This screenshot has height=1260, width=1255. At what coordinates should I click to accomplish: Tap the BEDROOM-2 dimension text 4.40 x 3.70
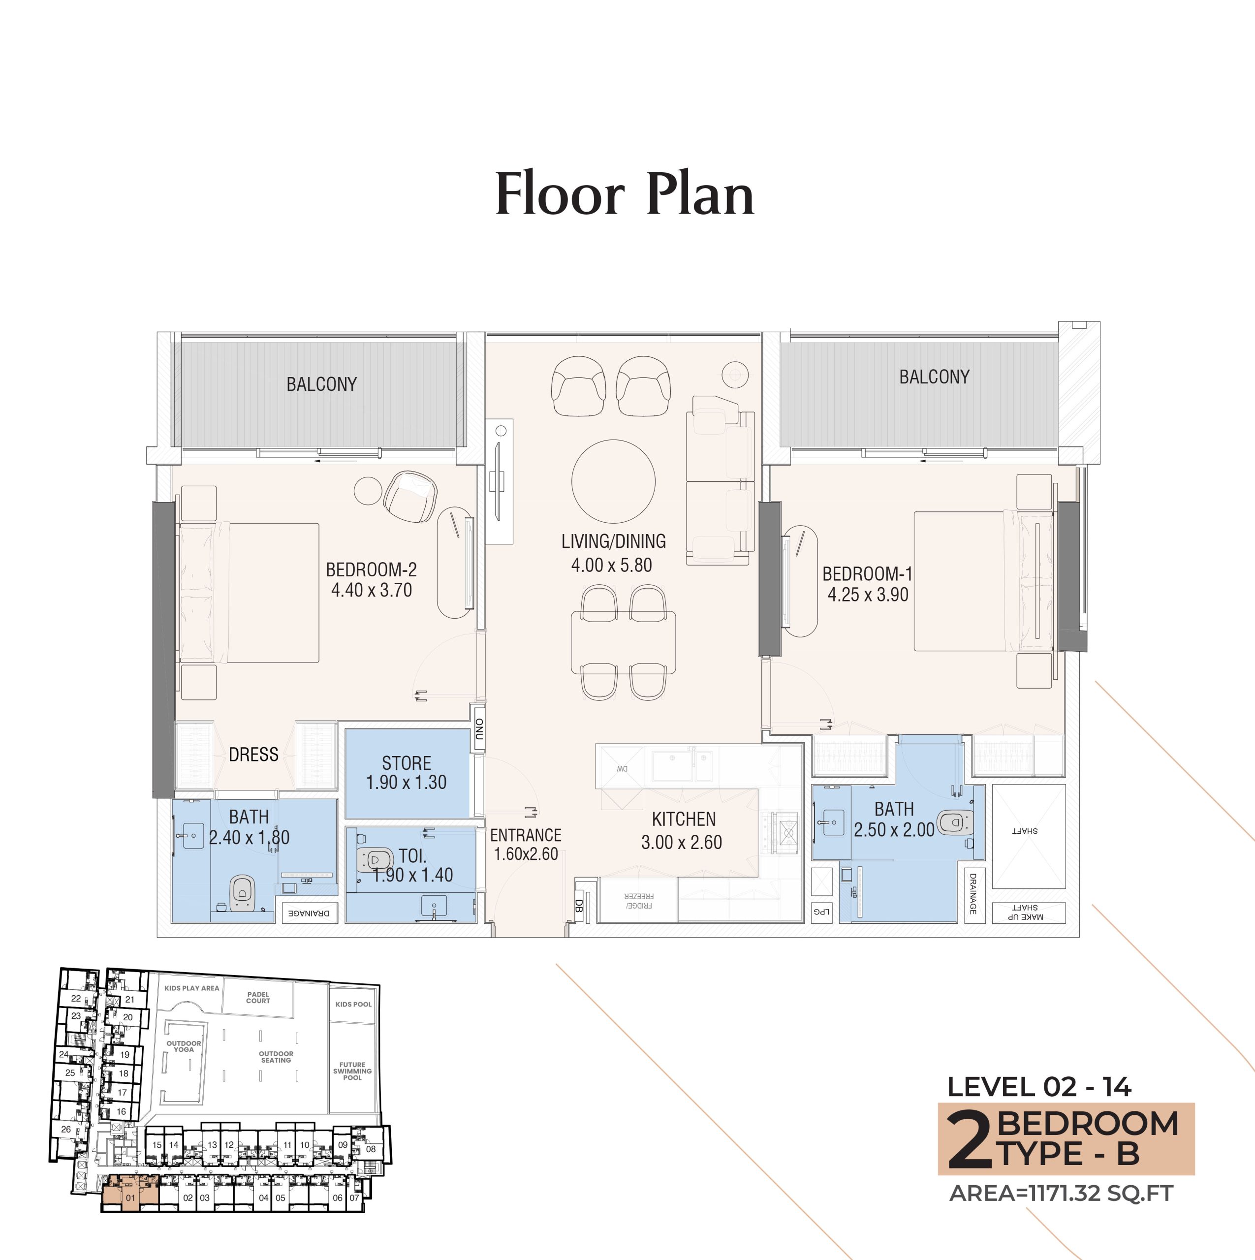pos(371,590)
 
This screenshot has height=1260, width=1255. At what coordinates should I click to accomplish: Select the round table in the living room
pos(613,481)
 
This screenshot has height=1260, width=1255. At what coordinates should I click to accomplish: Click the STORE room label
pos(407,762)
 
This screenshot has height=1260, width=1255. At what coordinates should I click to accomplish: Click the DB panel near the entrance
pos(579,906)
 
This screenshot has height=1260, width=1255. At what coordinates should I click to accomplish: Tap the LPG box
pos(822,912)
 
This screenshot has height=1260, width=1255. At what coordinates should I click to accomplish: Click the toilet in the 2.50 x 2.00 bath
pos(954,823)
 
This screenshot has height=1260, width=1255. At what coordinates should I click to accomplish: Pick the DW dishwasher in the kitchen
pos(622,768)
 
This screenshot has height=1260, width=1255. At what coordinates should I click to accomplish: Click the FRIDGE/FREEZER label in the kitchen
pos(639,901)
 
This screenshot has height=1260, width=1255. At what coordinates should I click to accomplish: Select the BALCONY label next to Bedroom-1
pos(934,377)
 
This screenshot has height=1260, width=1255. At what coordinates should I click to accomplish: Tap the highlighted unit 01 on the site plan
pos(130,1197)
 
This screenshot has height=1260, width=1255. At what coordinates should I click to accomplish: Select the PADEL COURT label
pos(258,997)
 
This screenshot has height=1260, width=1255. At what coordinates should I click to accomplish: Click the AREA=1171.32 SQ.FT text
pos(1061,1193)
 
